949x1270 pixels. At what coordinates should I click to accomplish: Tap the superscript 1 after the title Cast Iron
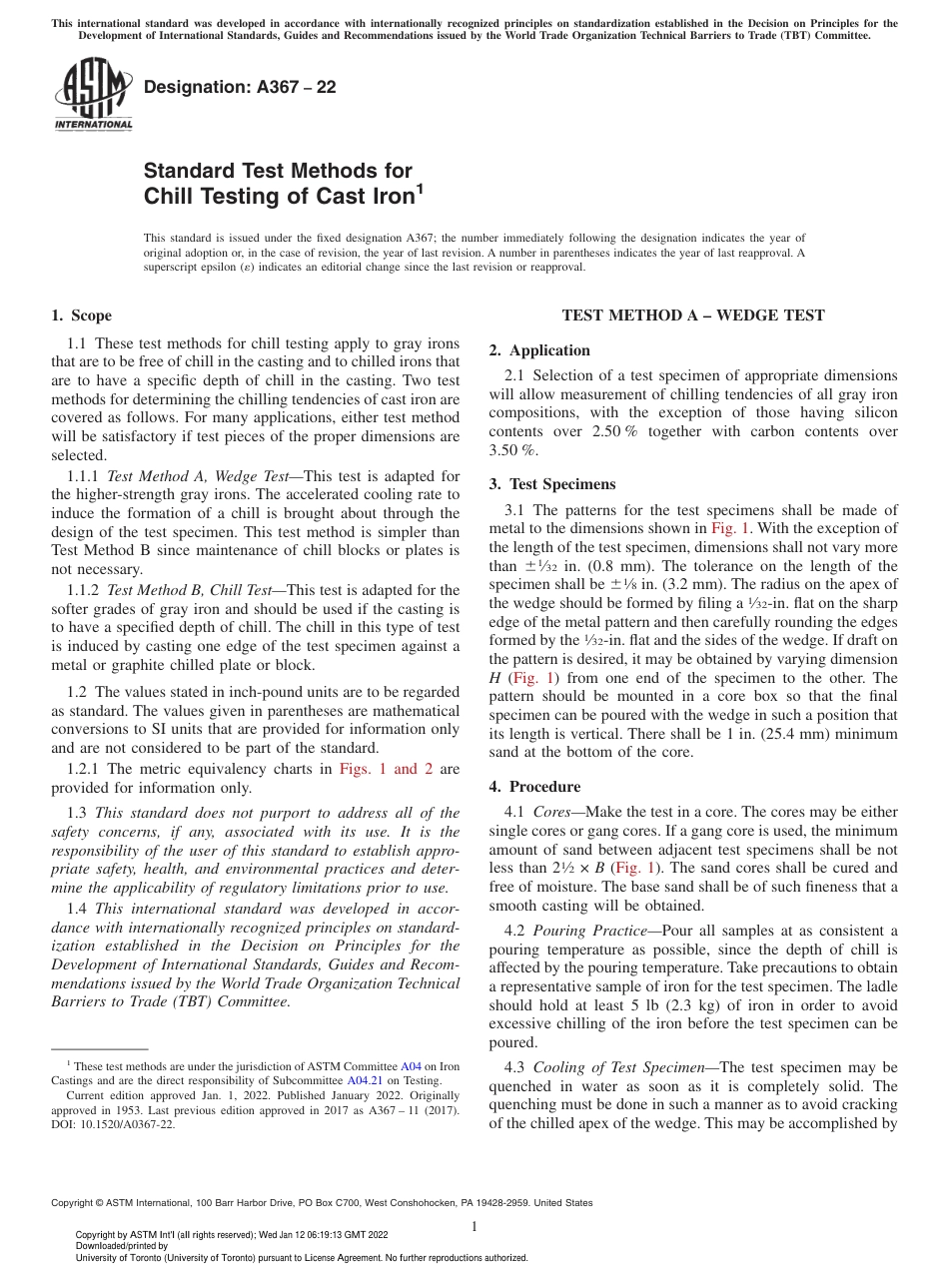click(420, 187)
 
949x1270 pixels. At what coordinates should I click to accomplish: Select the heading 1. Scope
click(81, 316)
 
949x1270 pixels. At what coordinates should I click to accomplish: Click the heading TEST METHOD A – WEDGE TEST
click(692, 316)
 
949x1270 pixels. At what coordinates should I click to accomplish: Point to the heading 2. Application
click(539, 350)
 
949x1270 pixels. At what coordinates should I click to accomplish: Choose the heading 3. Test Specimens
click(551, 484)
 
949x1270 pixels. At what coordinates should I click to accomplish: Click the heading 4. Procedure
click(534, 787)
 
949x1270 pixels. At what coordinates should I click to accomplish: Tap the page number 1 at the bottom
click(474, 1227)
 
